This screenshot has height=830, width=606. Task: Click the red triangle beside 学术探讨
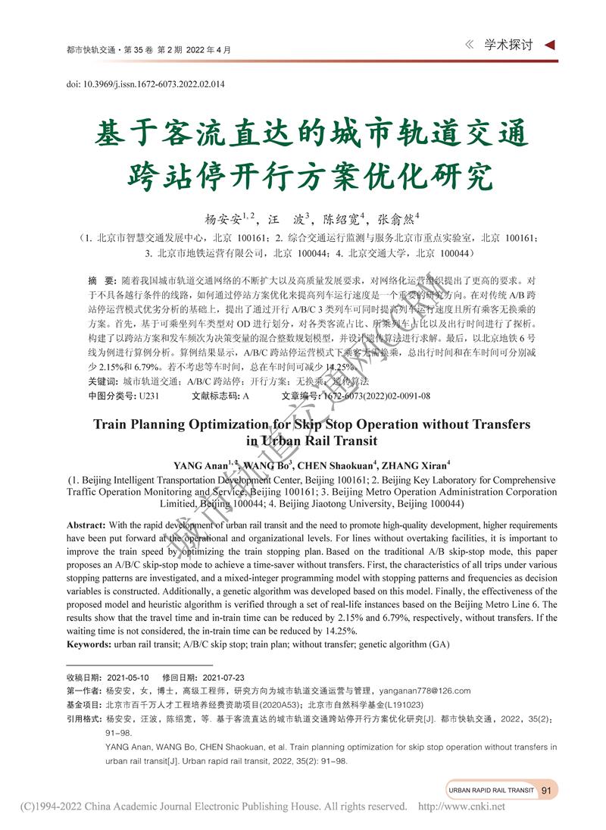(550, 45)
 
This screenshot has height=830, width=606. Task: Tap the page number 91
(546, 790)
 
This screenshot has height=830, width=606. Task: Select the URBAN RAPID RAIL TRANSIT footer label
(491, 790)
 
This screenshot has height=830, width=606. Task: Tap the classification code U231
(149, 396)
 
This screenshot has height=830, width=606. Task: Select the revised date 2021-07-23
(218, 677)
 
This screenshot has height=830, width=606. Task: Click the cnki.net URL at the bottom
(461, 807)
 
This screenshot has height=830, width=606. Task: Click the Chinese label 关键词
(104, 382)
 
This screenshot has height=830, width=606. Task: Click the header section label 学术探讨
(508, 45)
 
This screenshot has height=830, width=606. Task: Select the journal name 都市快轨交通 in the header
(89, 50)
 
